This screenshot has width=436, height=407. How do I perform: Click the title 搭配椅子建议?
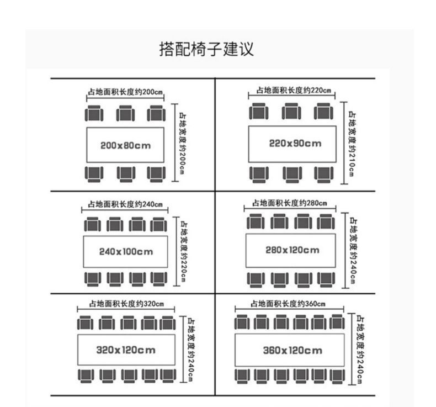click(206, 49)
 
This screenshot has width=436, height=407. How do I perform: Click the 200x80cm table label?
click(125, 146)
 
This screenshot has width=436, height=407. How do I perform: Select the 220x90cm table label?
click(295, 144)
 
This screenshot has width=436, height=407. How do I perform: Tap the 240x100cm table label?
click(126, 252)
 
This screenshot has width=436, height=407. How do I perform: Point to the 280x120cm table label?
click(292, 250)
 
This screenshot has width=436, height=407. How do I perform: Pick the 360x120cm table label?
click(293, 350)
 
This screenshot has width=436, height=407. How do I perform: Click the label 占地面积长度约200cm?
click(125, 92)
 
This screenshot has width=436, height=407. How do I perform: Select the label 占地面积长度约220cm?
click(293, 90)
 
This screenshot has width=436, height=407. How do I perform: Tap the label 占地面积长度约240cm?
click(125, 204)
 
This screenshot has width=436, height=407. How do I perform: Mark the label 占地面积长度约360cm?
click(288, 303)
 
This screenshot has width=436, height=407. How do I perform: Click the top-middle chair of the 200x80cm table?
click(125, 114)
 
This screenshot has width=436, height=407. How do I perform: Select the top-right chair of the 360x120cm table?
click(336, 322)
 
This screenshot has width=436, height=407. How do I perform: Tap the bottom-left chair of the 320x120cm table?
click(86, 376)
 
